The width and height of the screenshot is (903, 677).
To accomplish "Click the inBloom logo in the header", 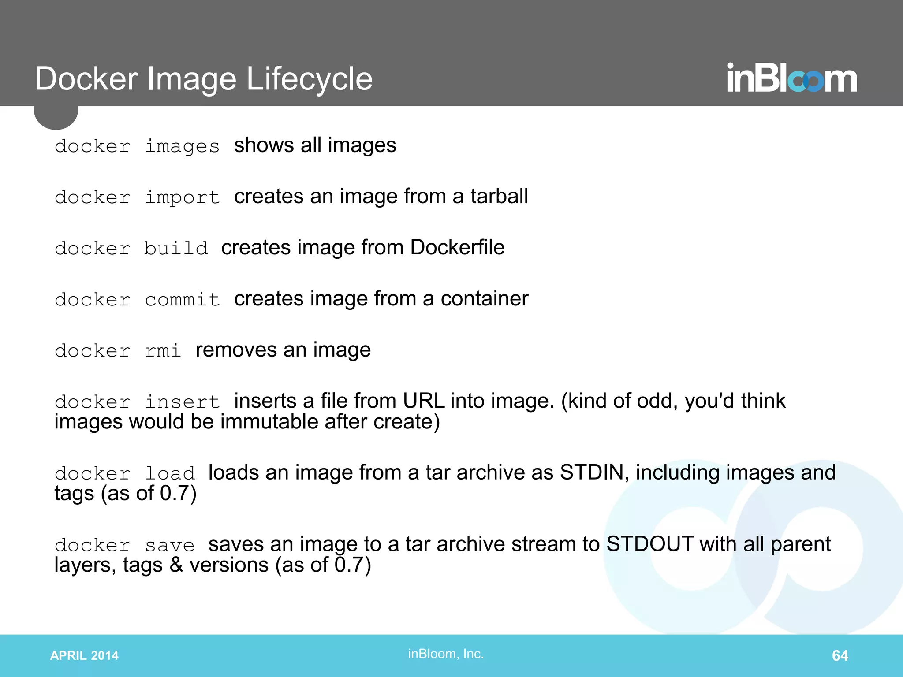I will click(x=791, y=78).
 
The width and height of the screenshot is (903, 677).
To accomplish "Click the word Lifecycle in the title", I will click(x=309, y=79).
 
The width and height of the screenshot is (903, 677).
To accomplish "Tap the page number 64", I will click(x=840, y=655).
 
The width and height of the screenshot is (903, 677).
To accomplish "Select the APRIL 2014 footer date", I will click(x=84, y=655).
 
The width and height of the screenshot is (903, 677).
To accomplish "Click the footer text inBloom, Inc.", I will click(x=446, y=654).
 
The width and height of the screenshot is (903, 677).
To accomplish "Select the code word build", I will click(x=176, y=249).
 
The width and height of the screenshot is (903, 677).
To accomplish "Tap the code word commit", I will click(x=182, y=300).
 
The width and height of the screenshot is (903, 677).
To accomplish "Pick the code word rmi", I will click(x=163, y=351).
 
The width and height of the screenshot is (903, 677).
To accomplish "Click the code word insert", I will click(x=182, y=402).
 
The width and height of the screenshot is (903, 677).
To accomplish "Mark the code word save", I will click(x=170, y=546).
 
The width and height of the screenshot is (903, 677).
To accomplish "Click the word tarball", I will click(x=499, y=196).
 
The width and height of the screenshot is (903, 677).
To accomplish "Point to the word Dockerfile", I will click(x=457, y=247).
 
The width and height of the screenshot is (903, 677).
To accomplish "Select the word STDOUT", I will click(x=649, y=544).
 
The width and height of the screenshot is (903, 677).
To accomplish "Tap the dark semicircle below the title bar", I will click(x=56, y=117).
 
